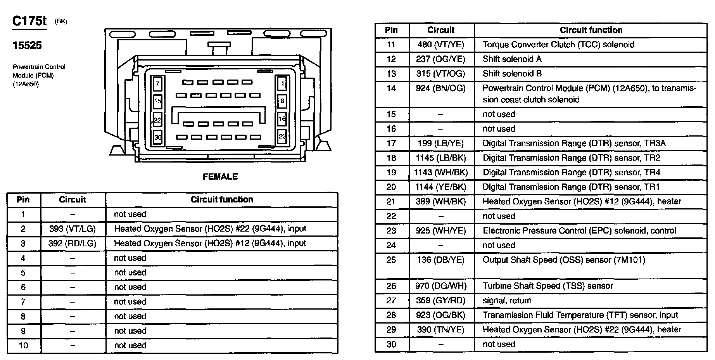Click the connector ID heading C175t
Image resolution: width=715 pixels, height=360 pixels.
(x=29, y=21)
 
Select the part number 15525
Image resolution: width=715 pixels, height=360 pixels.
(x=27, y=45)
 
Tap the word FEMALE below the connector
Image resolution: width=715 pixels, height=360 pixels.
(x=220, y=177)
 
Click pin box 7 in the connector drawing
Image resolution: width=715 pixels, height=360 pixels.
(x=157, y=83)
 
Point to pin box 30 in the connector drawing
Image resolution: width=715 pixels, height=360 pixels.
(x=157, y=137)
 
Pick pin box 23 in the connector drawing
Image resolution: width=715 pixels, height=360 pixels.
(x=282, y=136)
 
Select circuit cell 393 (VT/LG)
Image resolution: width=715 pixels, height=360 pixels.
(x=73, y=229)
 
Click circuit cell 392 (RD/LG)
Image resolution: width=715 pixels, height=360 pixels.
(x=73, y=243)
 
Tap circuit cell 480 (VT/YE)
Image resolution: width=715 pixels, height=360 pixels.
(x=441, y=45)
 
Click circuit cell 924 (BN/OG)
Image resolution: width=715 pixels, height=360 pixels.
(x=441, y=88)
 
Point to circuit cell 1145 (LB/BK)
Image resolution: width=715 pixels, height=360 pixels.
(x=441, y=158)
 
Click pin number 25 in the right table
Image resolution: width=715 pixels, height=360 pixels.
(x=391, y=260)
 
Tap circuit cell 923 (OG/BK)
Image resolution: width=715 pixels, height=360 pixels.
(x=441, y=315)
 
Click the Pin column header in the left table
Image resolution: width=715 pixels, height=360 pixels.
(x=23, y=200)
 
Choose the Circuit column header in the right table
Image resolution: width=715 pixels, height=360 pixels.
(x=441, y=30)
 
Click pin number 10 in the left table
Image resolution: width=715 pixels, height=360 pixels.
(x=23, y=346)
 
